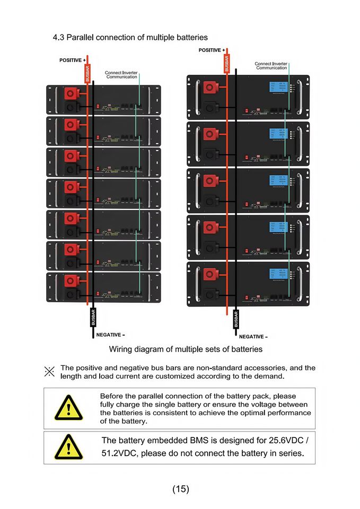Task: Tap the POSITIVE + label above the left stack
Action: [x=73, y=60]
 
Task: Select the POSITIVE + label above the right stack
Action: [x=212, y=50]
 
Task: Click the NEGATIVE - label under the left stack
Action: [x=110, y=335]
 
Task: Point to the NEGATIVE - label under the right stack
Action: [x=253, y=337]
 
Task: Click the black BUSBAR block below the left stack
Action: [x=93, y=318]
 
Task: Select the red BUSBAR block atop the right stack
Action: [x=227, y=63]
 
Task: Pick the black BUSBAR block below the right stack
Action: [x=236, y=319]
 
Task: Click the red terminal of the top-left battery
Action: [x=71, y=93]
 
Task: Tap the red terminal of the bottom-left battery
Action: [x=71, y=280]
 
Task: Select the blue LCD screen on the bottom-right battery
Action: [x=277, y=274]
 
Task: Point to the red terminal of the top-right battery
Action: [x=210, y=87]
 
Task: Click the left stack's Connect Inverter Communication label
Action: [x=121, y=75]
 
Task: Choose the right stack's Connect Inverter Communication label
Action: [x=271, y=66]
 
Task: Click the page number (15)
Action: [x=180, y=489]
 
